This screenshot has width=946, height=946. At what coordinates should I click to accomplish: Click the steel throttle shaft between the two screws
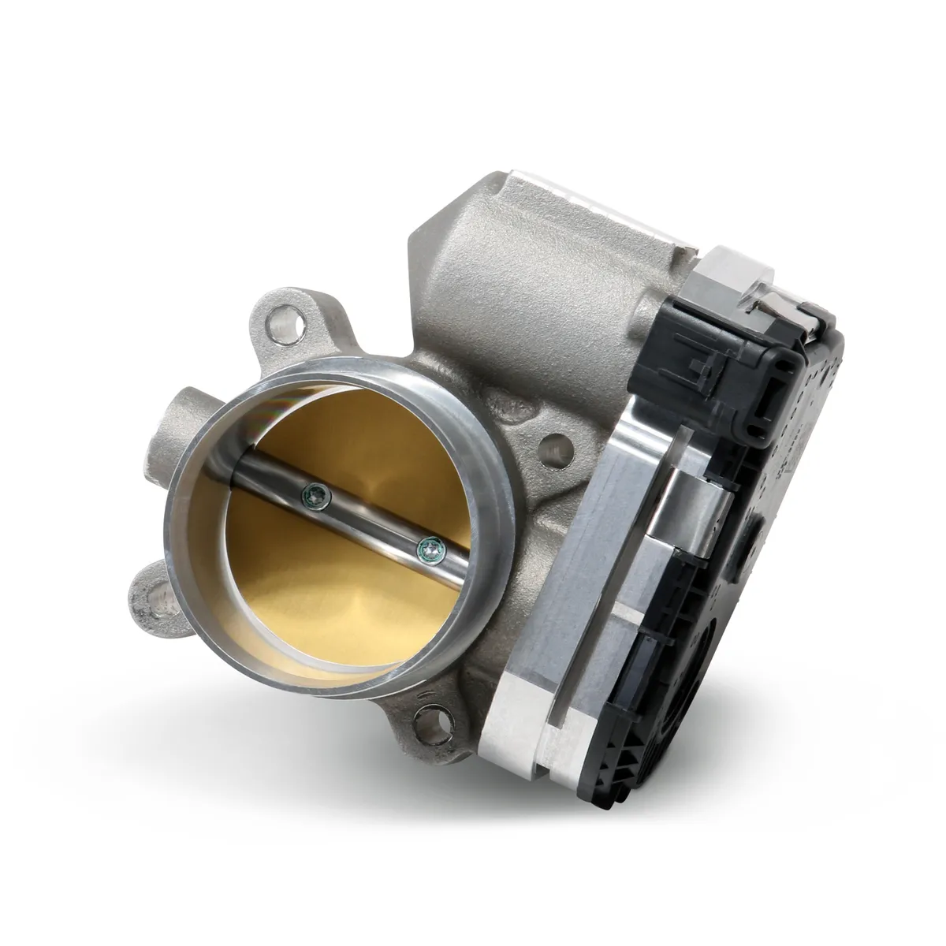(371, 521)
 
